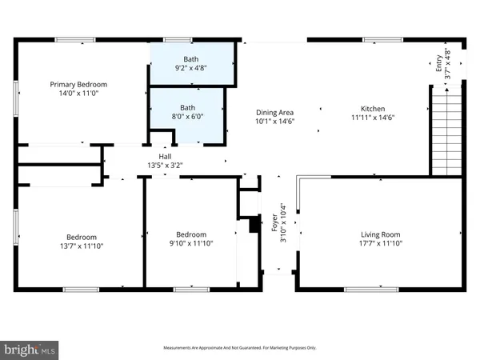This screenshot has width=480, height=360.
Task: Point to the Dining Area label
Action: (x=274, y=113)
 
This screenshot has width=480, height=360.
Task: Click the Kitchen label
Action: (x=373, y=108)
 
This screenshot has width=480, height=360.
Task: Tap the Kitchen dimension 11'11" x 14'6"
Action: (x=373, y=118)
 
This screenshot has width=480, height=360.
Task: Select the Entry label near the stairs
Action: (x=438, y=62)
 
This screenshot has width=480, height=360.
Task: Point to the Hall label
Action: (x=166, y=156)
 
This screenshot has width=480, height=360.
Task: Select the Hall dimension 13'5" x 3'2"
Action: (x=166, y=166)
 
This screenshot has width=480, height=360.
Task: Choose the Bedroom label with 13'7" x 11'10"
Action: (x=82, y=236)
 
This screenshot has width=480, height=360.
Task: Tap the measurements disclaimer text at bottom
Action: (x=240, y=348)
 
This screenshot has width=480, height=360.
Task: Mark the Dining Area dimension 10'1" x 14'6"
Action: (x=274, y=122)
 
